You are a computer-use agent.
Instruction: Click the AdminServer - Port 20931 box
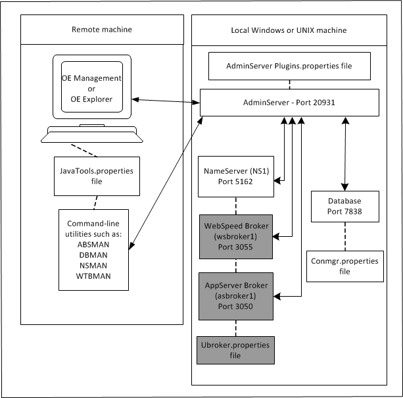(289, 103)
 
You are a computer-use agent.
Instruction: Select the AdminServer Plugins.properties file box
(289, 67)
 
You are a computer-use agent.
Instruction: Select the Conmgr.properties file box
(345, 266)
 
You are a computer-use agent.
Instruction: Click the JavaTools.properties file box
(97, 176)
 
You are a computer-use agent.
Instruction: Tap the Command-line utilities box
(97, 249)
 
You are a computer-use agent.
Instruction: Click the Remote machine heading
(101, 30)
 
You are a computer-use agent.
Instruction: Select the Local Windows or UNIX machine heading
(289, 30)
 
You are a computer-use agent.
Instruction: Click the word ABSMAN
(97, 242)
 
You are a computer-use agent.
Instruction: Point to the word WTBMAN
(97, 276)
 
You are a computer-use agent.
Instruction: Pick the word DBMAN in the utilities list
(97, 253)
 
